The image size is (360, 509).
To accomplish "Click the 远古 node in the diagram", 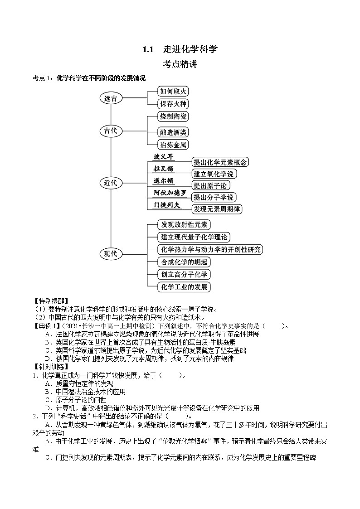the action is coord(111,98).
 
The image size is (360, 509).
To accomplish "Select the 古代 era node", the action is coord(111,131).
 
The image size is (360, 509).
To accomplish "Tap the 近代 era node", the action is coord(111,183).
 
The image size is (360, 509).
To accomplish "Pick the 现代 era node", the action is coord(111,253).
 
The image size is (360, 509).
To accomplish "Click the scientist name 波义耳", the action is coord(164,157).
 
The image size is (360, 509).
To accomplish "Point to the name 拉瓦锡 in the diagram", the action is coord(164,169).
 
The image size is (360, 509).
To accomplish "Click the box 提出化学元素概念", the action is coord(220,162).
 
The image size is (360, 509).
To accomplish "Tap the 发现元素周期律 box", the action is coord(217,209).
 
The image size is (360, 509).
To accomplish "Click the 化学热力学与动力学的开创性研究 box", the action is coord(210,249).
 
